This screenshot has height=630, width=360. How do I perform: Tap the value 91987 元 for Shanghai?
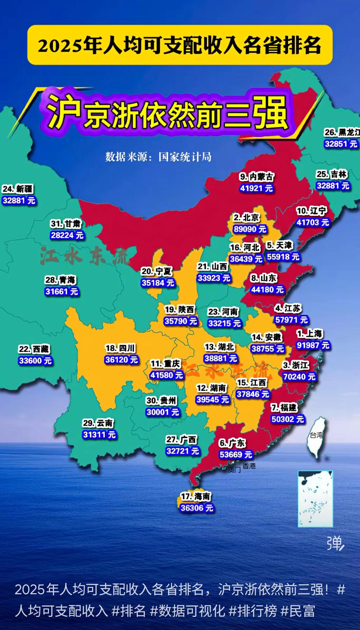313,345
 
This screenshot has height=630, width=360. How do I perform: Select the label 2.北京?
246,217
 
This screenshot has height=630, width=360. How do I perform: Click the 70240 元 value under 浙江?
299,377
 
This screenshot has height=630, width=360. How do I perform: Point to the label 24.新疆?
18,189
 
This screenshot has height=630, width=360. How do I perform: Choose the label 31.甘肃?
66,224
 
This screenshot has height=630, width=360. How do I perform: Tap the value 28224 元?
67,235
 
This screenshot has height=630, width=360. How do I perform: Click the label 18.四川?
120,348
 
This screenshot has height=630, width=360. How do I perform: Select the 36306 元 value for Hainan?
197,508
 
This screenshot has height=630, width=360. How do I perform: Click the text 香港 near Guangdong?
249,466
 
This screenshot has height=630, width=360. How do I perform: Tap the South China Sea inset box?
315,499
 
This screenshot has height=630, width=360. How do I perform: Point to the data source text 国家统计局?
184,157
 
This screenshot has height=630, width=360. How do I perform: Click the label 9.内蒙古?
256,177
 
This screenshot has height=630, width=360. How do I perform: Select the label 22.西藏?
34,349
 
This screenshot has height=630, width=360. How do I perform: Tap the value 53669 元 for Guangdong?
236,455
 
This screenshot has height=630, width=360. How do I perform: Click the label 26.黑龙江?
341,132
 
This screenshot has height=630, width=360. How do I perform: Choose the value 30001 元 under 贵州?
163,412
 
